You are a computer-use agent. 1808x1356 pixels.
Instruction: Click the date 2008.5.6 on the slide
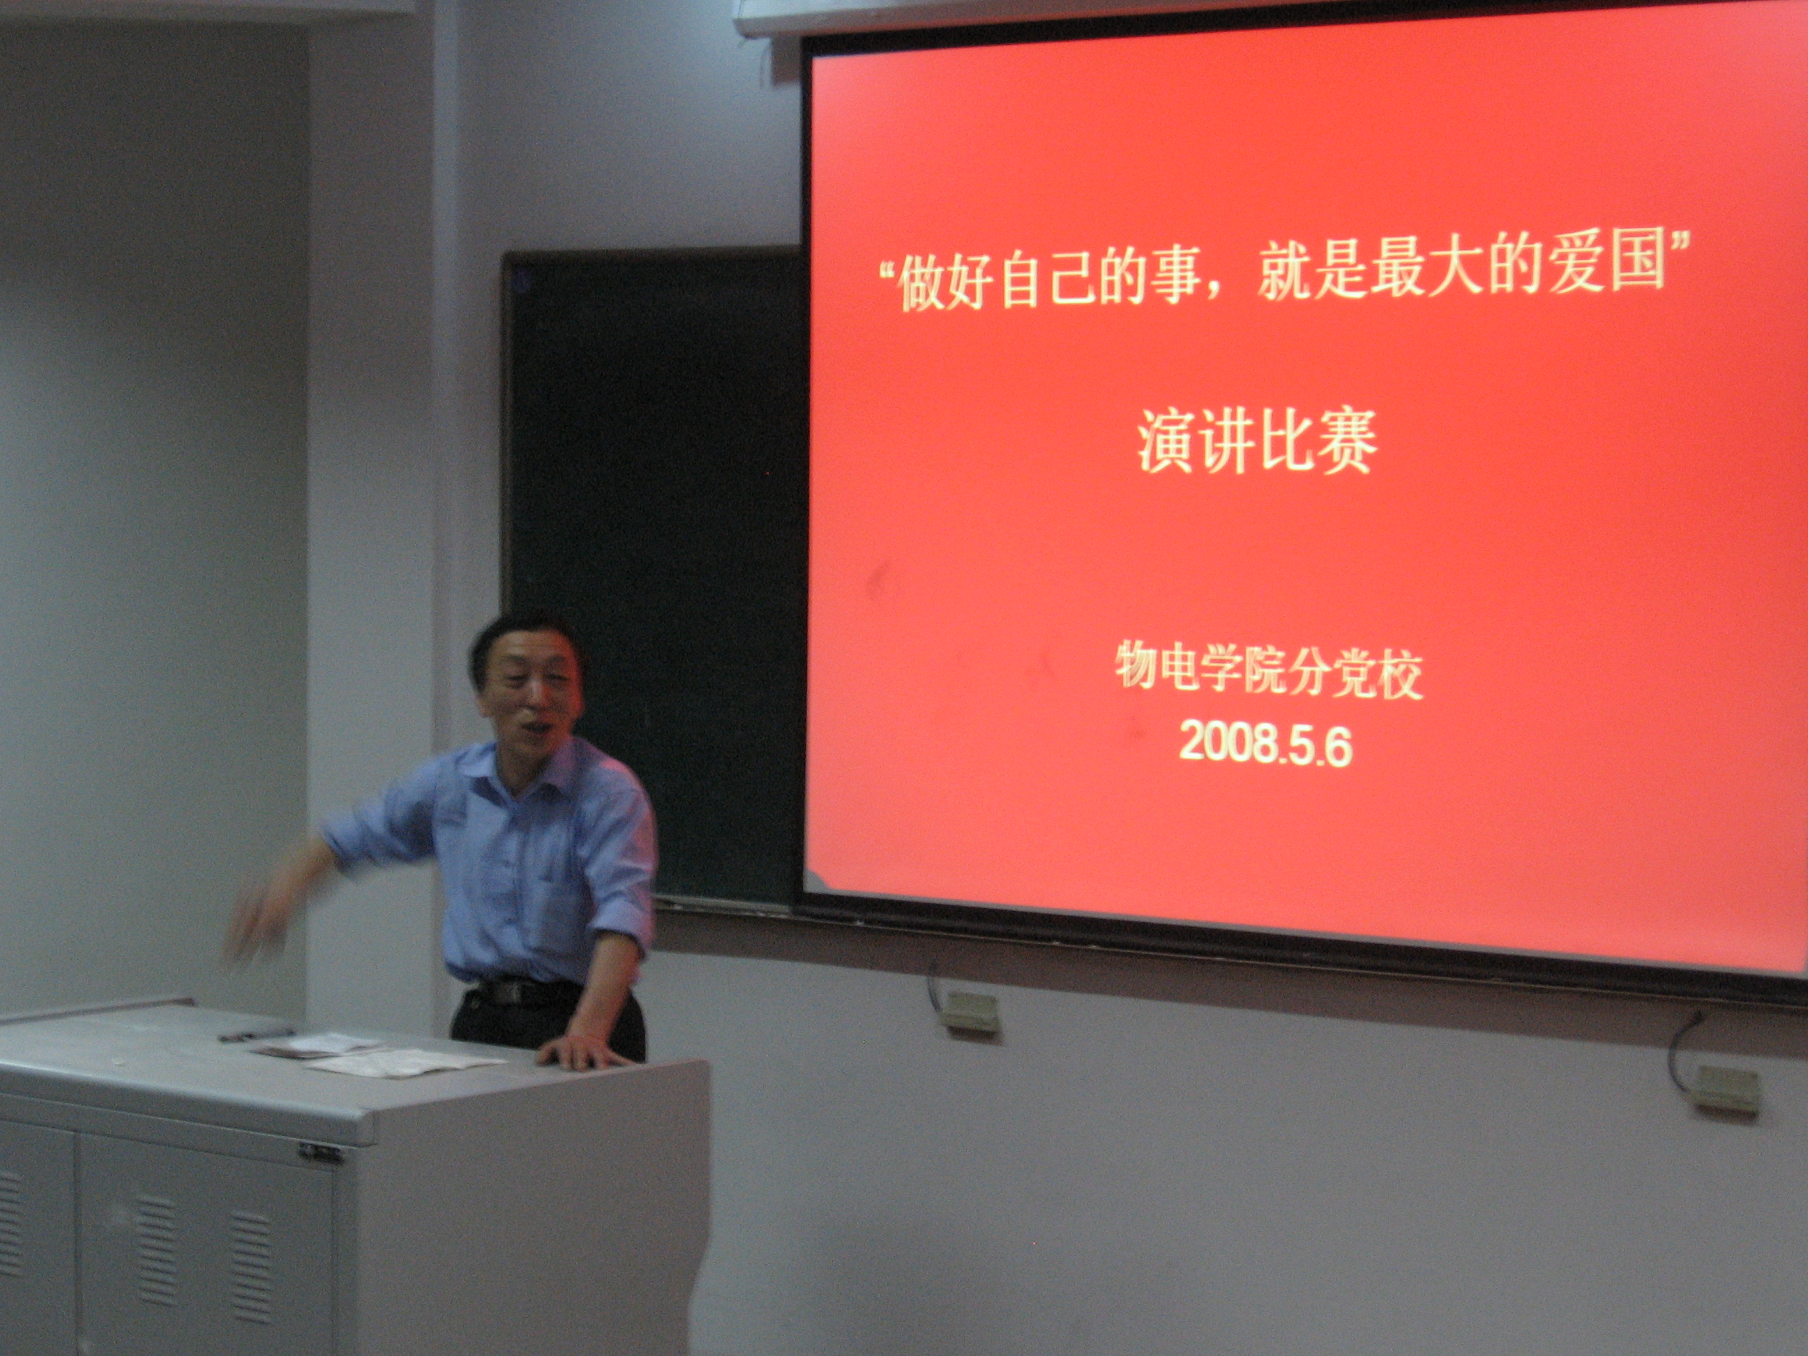coord(1265,746)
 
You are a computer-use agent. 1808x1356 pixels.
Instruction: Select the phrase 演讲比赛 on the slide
coord(1257,442)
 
